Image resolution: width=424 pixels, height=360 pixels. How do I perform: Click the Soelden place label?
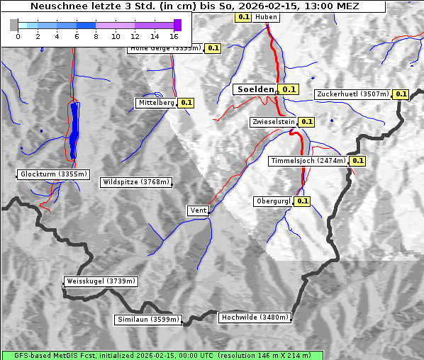255,90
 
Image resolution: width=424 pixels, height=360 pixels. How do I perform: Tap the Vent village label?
198,210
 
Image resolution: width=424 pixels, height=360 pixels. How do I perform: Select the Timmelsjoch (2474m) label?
308,161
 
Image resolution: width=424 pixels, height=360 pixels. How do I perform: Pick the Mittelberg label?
156,103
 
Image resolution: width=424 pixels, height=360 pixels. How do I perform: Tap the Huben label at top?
266,17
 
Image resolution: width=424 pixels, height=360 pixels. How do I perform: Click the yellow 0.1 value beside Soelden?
289,90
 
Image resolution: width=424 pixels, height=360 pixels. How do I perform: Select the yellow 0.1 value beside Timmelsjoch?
358,161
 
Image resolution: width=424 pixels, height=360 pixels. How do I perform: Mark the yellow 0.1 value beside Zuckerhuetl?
401,94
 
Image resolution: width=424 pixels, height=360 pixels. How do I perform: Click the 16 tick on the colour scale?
174,35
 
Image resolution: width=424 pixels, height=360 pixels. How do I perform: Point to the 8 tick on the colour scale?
96,35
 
